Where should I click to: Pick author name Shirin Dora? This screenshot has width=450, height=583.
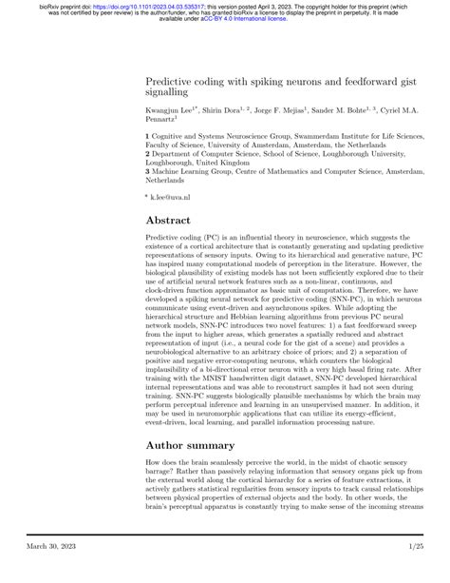(x=227, y=110)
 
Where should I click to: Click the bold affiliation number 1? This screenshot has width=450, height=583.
(x=147, y=137)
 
